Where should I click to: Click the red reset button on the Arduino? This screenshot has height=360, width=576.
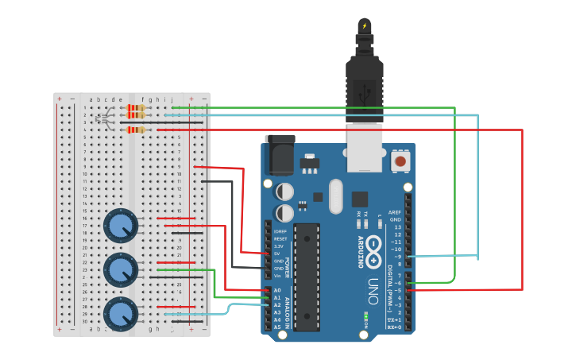(401, 161)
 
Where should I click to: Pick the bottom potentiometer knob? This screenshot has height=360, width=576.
(121, 314)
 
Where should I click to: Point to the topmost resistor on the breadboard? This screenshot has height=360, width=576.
(137, 107)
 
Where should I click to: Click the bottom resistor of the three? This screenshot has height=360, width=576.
(137, 130)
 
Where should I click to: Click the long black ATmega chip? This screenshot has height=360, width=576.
(306, 276)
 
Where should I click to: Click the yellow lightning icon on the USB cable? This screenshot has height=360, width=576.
(365, 26)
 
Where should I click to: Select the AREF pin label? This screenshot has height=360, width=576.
(395, 212)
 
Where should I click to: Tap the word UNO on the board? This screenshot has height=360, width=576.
(373, 291)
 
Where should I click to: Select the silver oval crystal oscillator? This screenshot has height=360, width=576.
(334, 195)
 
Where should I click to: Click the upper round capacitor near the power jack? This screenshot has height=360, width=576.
(284, 192)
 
